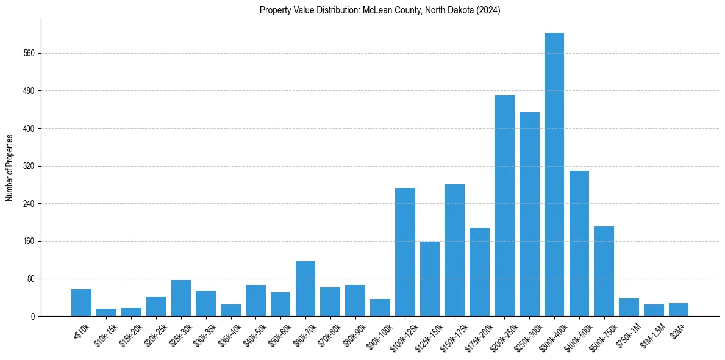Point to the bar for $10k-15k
coord(106,312)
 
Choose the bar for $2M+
coord(679,310)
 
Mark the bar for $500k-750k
coord(604,272)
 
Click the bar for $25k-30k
coord(181,298)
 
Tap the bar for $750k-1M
coord(629,308)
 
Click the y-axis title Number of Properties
coord(10,168)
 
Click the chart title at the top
coord(380,10)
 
